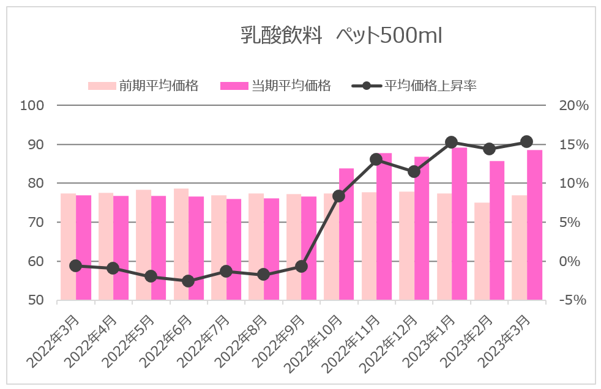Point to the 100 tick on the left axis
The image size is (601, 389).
[32, 106]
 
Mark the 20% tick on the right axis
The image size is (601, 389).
[573, 106]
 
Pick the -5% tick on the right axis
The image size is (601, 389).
[573, 300]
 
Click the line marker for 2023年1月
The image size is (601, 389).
[452, 143]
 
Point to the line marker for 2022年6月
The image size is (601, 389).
[189, 281]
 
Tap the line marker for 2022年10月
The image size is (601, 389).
[339, 196]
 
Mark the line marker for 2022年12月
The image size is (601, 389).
[414, 172]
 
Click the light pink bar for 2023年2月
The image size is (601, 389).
[482, 251]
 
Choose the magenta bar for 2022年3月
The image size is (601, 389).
[83, 248]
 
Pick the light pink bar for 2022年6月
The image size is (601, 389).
[181, 245]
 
